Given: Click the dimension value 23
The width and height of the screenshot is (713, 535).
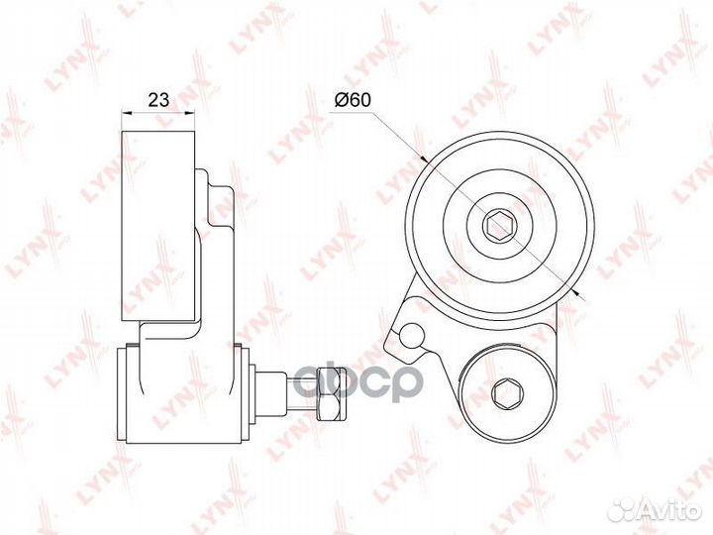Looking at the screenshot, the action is [x=158, y=99].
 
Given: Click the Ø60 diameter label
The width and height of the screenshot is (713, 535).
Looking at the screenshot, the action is [x=353, y=99].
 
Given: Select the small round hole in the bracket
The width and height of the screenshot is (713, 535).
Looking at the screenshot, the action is [x=412, y=336].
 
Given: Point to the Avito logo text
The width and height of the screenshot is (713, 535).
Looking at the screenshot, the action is [x=668, y=510].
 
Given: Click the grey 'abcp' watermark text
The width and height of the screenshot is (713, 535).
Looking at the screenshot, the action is [x=357, y=382].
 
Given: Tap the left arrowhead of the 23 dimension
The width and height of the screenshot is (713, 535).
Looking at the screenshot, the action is [x=126, y=113].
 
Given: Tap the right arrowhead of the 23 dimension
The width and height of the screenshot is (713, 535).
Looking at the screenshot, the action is [x=190, y=113].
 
